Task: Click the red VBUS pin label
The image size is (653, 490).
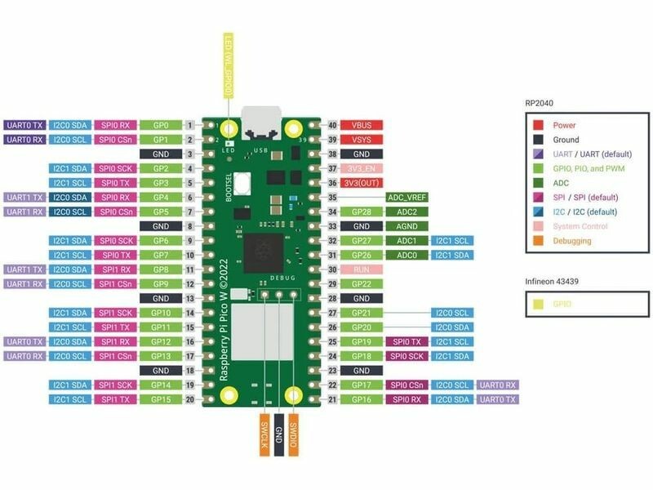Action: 361,126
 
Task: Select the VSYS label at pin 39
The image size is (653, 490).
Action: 361,140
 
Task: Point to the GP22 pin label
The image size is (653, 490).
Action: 361,283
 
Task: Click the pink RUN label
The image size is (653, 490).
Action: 361,269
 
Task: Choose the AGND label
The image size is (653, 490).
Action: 406,226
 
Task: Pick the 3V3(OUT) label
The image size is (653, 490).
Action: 361,183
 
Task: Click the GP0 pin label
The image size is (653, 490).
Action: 161,126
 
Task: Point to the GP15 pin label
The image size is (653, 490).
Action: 161,399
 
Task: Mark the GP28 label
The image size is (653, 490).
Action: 361,212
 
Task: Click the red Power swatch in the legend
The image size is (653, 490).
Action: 538,125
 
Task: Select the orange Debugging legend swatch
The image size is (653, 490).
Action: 538,241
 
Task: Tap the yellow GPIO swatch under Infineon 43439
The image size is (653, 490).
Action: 538,303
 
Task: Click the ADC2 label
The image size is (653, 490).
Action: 406,212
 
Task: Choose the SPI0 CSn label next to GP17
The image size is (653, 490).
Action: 406,385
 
